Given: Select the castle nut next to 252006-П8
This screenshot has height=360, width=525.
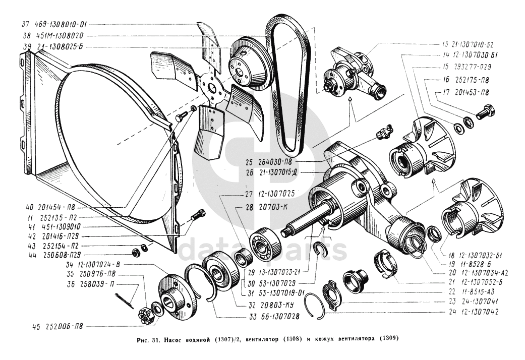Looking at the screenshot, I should [x=145, y=316].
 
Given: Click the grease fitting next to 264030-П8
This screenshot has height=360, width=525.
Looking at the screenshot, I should [x=384, y=134].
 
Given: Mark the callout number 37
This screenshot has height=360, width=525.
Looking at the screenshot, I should [x=26, y=24].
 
